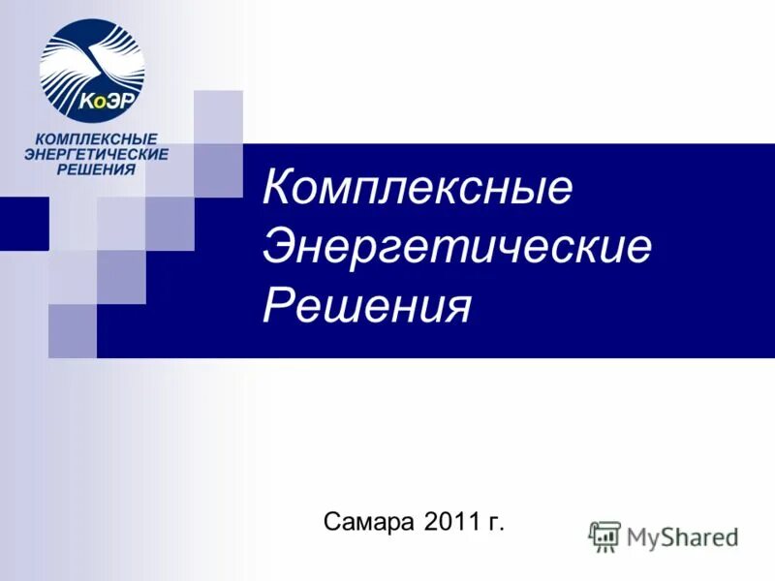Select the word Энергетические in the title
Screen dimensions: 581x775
(x=457, y=247)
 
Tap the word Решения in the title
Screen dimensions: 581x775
(x=367, y=306)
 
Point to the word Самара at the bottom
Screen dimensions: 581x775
(x=371, y=523)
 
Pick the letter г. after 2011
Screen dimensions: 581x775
(x=497, y=524)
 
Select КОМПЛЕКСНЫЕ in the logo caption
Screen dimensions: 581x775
(x=96, y=140)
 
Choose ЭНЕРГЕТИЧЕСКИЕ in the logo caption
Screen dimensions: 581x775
(x=96, y=155)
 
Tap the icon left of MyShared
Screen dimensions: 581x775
(x=605, y=535)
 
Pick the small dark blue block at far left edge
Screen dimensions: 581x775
(x=23, y=224)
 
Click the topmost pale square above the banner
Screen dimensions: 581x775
(x=218, y=117)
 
